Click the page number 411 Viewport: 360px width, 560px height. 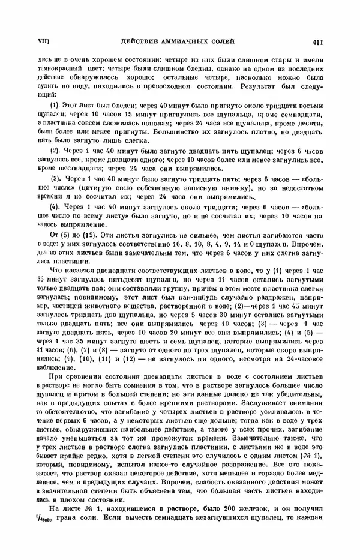[x=318, y=41]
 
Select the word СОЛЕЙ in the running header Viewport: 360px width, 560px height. [x=221, y=41]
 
